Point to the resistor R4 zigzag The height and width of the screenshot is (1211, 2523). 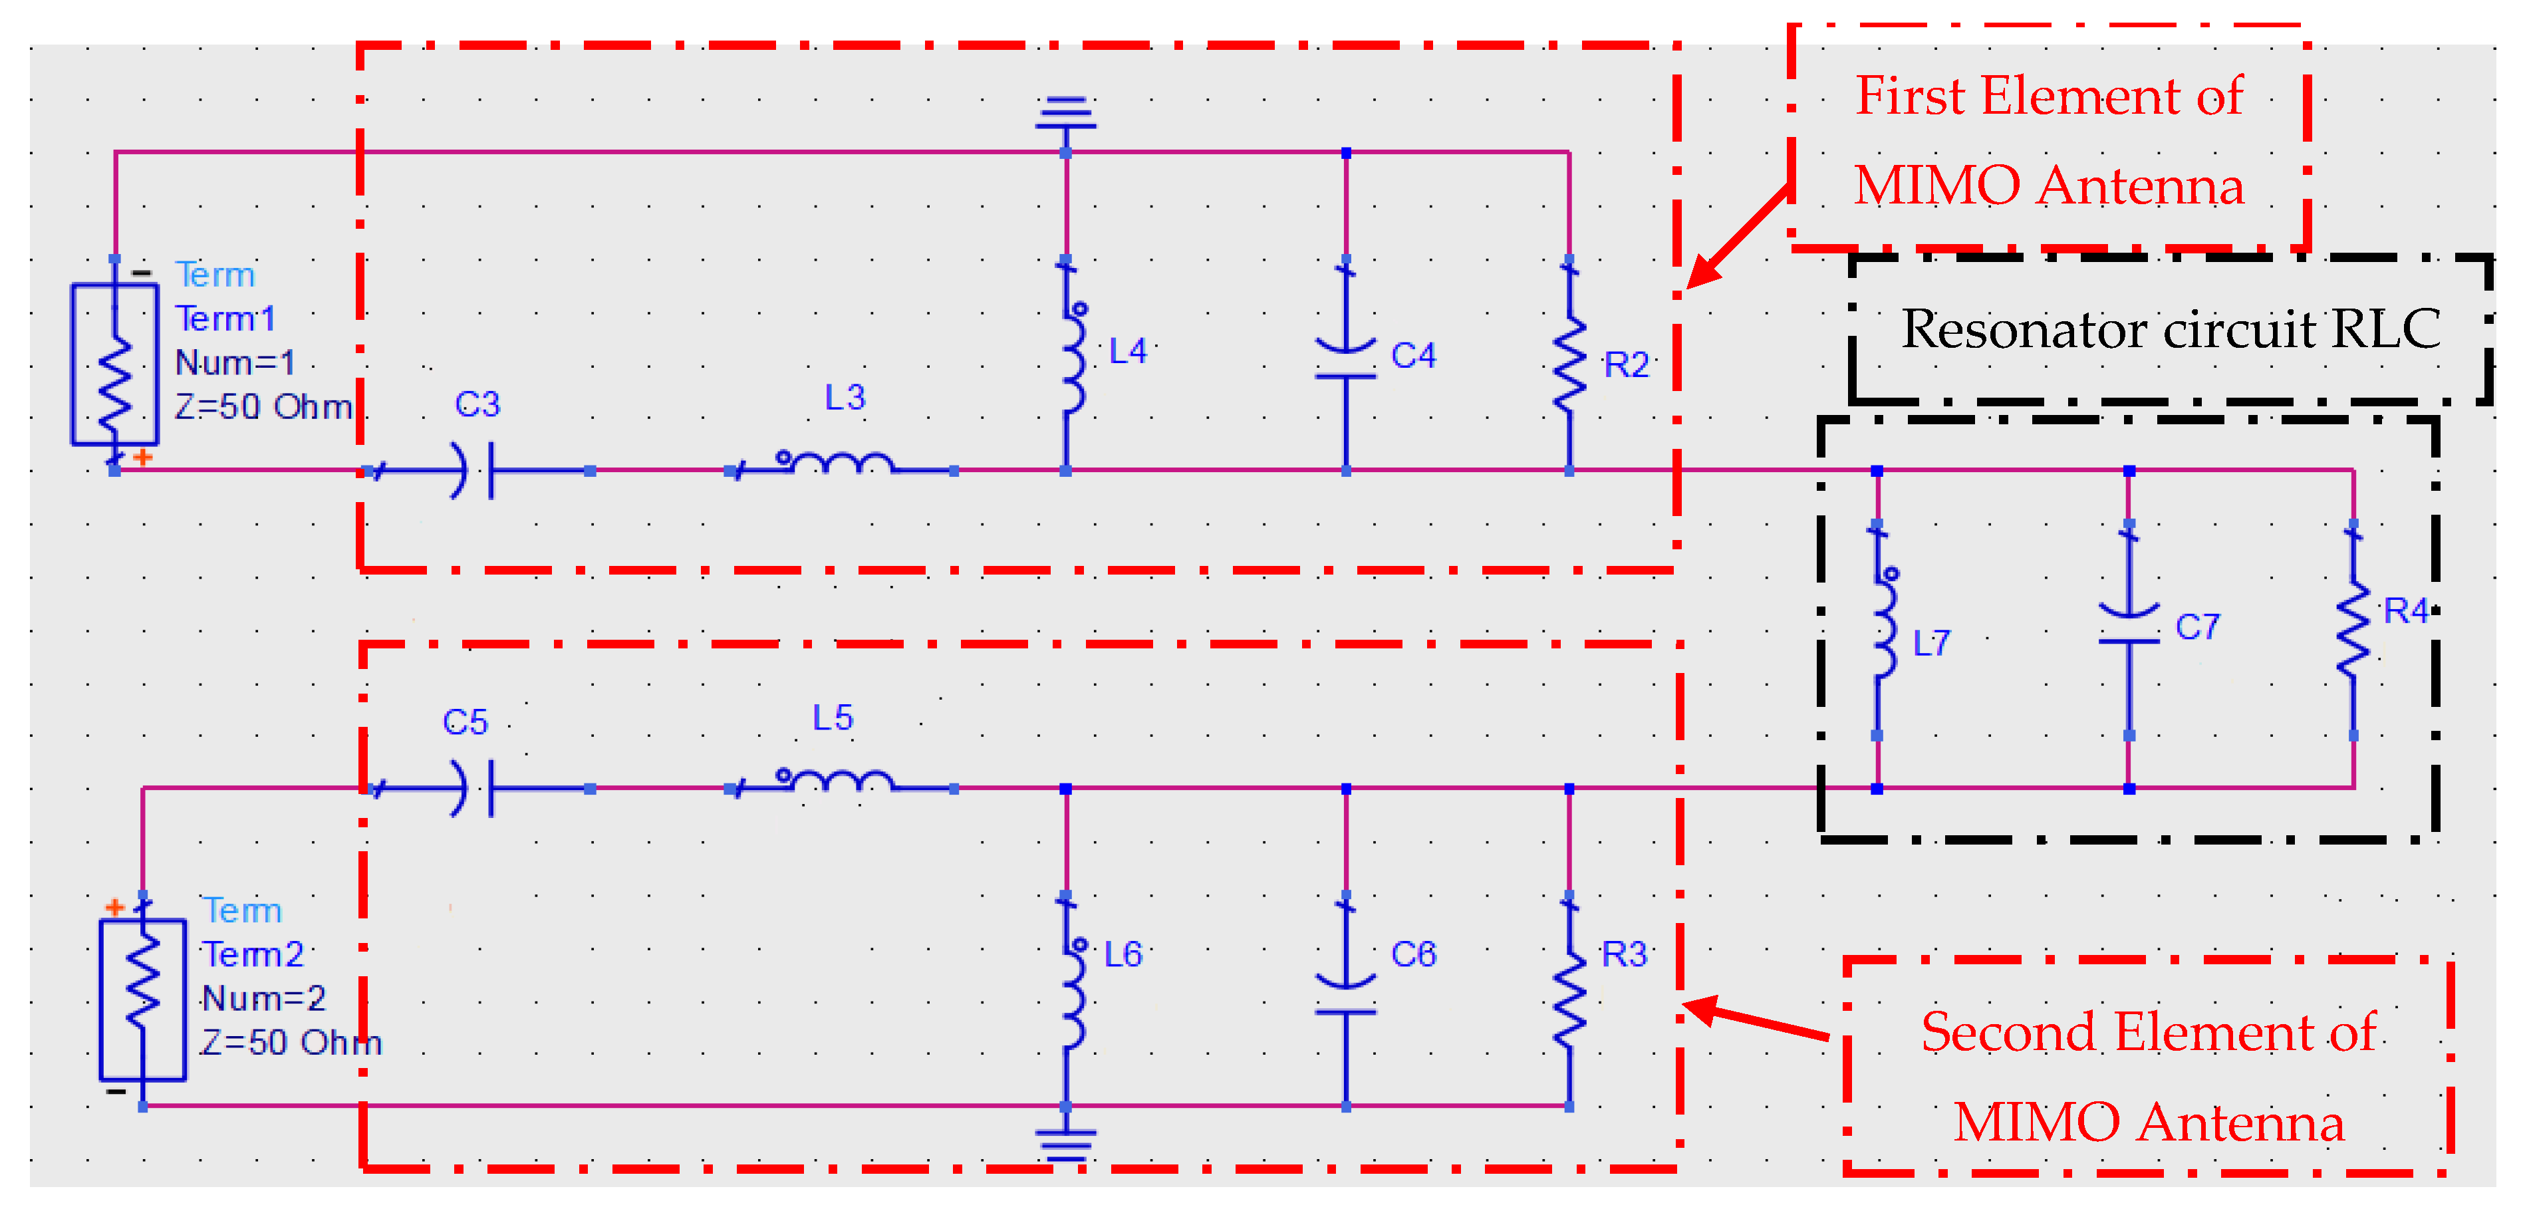coord(2353,632)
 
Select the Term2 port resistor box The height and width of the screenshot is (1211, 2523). coord(143,1000)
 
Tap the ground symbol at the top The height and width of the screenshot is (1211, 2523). coord(1065,112)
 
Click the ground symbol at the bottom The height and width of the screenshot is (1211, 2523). coord(1065,1144)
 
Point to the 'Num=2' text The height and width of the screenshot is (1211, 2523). coord(263,998)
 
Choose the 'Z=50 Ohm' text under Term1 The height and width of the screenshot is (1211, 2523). coord(263,406)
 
